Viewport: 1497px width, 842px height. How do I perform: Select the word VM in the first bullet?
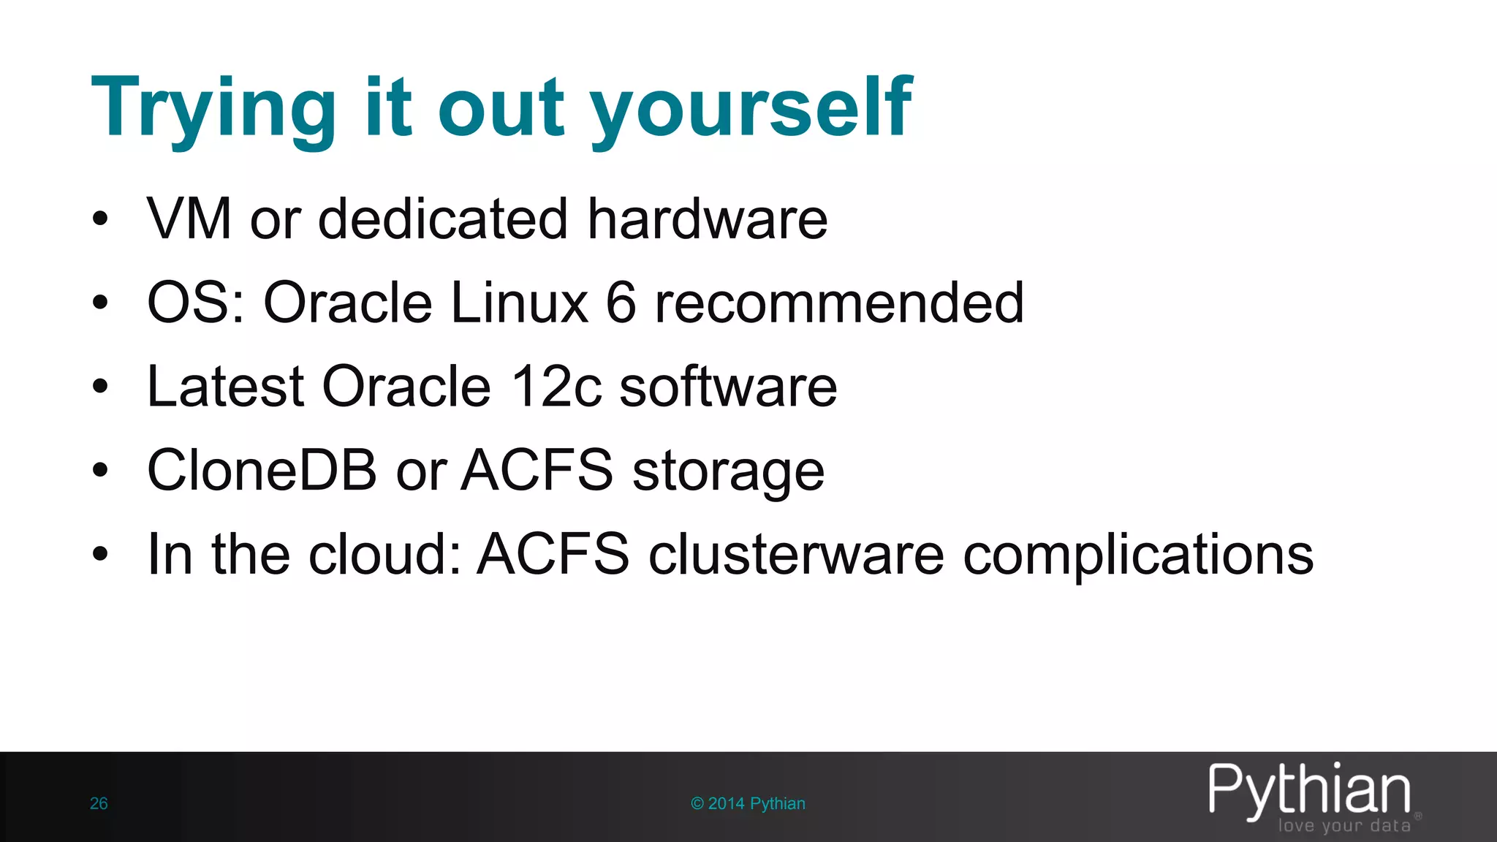click(x=189, y=219)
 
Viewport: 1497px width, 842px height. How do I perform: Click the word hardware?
click(x=708, y=219)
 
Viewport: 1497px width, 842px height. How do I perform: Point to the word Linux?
click(x=520, y=303)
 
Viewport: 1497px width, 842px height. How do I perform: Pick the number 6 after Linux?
click(x=621, y=303)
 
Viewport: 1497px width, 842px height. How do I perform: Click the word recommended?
click(x=839, y=303)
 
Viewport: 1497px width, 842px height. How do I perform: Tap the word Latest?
click(x=225, y=386)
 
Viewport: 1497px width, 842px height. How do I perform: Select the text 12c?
click(x=557, y=386)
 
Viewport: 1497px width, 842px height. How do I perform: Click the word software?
click(x=728, y=386)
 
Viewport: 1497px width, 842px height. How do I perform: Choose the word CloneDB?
click(x=262, y=470)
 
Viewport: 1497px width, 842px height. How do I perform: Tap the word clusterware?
click(x=796, y=554)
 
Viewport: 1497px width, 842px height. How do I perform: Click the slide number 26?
click(x=99, y=803)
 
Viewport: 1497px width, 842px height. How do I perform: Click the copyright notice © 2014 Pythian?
click(x=748, y=803)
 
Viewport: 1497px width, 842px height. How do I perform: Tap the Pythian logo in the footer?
click(x=1309, y=790)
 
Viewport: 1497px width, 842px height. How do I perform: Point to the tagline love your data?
click(x=1344, y=826)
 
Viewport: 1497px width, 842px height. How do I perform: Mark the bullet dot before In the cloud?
click(x=100, y=554)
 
